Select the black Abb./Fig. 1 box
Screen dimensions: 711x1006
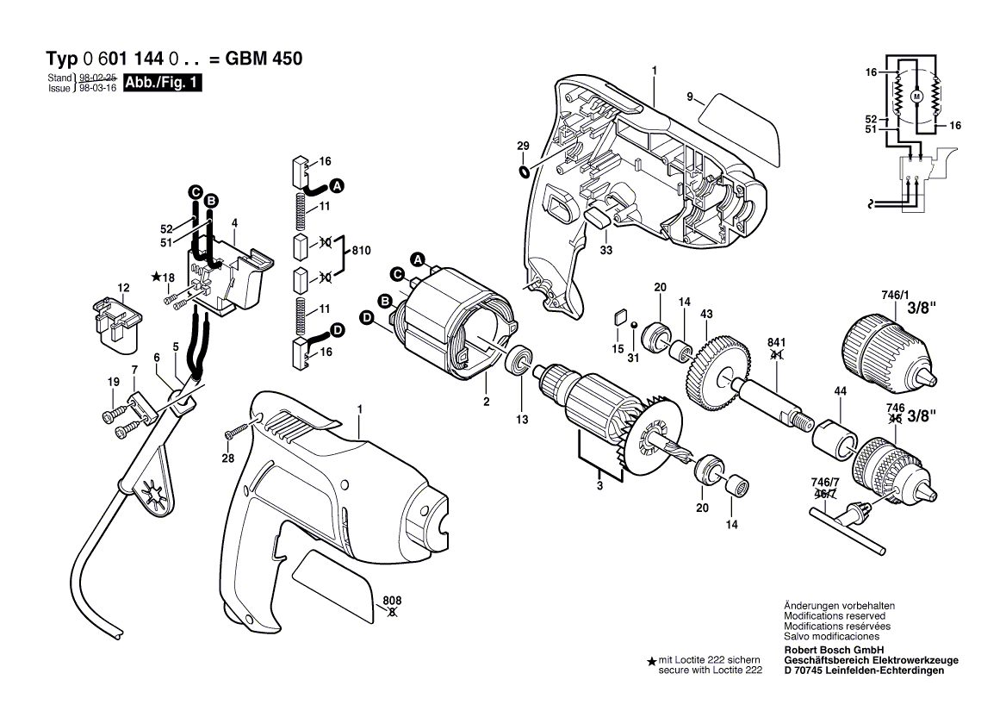[163, 84]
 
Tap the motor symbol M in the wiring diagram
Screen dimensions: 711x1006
[916, 96]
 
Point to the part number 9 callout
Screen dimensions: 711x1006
[690, 97]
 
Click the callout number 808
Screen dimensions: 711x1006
[393, 601]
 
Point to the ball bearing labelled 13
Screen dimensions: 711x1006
[520, 360]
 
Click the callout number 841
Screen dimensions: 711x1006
[776, 341]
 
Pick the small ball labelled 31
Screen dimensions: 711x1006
[634, 325]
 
